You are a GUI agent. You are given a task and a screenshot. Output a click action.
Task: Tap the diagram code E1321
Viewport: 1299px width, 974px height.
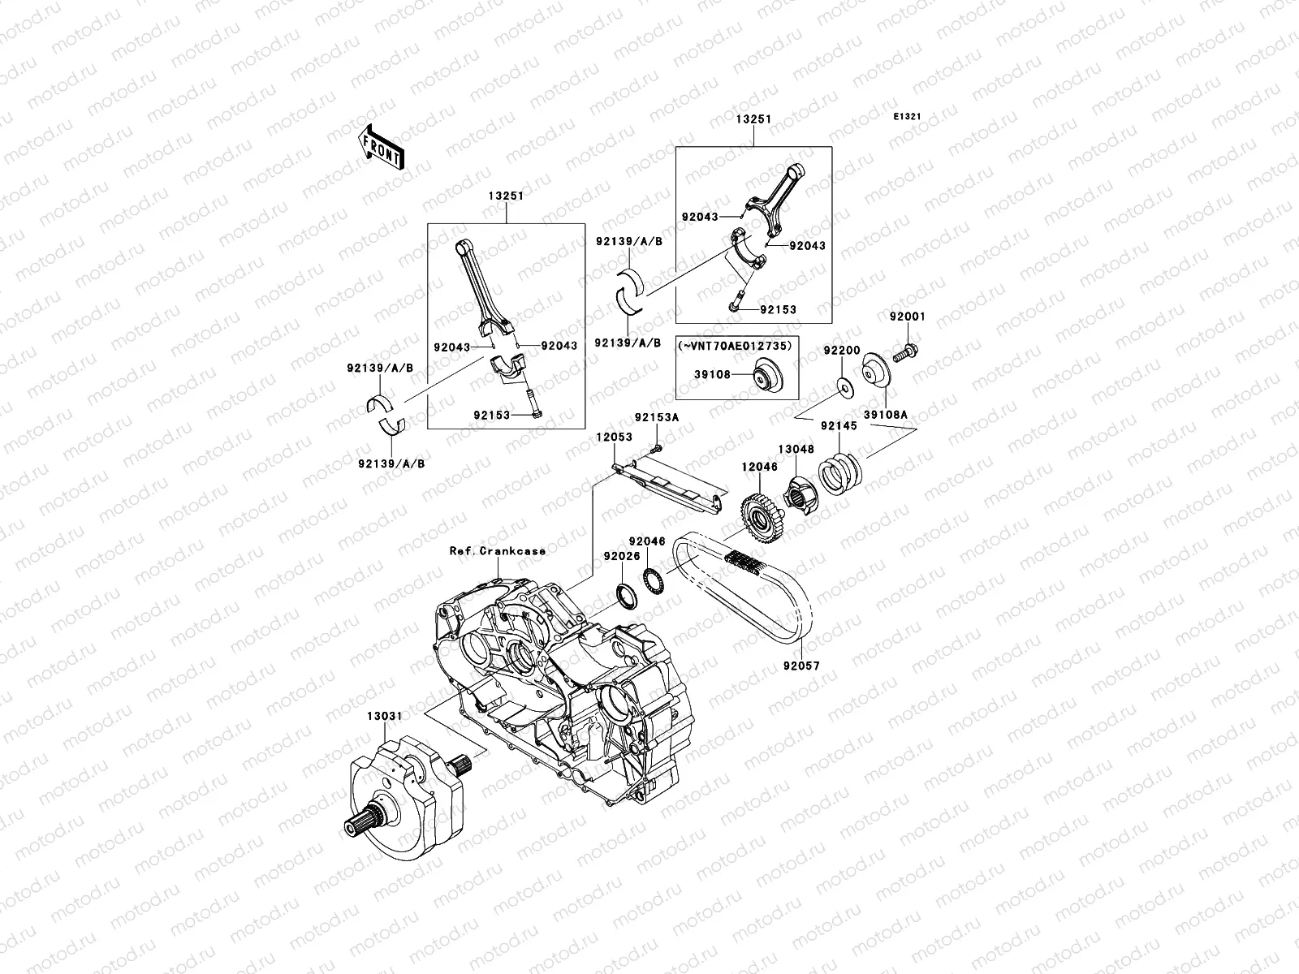(x=907, y=117)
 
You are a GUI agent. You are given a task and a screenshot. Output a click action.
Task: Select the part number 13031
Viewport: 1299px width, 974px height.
(x=385, y=716)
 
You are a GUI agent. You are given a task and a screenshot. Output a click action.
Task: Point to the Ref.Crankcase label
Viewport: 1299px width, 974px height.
(x=498, y=550)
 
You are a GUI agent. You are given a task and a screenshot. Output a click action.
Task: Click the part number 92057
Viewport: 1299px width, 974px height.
(x=802, y=666)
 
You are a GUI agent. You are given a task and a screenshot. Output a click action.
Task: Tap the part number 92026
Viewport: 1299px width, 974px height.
(x=622, y=556)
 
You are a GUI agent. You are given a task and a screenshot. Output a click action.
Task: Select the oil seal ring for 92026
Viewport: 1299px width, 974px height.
(x=628, y=596)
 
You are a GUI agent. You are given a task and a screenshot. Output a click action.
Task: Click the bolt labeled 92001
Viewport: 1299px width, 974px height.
(x=904, y=353)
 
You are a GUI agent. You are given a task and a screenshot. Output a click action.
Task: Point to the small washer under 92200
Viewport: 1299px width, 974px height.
(x=844, y=388)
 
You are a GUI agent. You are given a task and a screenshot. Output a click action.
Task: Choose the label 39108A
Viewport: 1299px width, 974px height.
(x=885, y=415)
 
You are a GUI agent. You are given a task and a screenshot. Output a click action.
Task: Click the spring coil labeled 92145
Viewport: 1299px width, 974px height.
(x=839, y=472)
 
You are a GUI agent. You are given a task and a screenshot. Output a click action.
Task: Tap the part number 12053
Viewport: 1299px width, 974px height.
(x=615, y=437)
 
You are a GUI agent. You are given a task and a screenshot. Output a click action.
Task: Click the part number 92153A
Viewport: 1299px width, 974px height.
(x=657, y=417)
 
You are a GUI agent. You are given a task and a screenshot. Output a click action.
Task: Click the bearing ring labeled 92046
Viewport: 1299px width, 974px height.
(x=654, y=580)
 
